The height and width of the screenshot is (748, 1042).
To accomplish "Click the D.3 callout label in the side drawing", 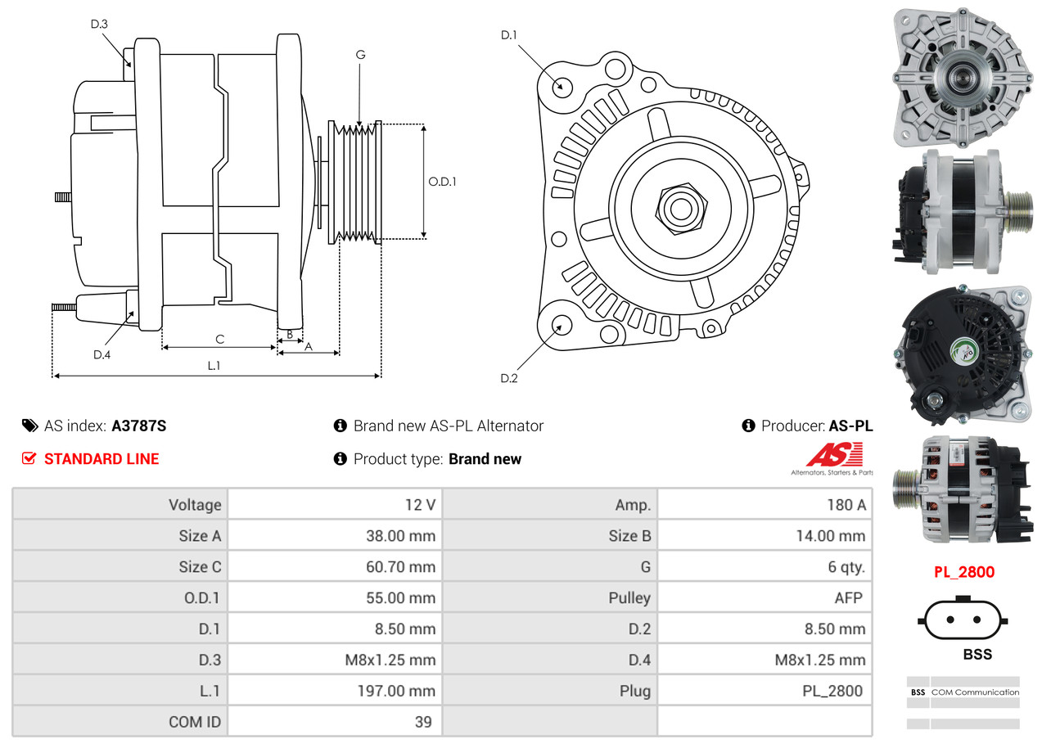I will coord(99,24).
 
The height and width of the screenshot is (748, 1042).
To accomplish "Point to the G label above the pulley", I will coord(360,55).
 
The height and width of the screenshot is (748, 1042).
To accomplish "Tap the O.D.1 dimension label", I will coord(442,182).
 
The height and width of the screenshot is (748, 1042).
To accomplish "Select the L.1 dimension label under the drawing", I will coord(214,366).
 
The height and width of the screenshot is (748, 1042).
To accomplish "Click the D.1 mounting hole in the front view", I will coord(562,86).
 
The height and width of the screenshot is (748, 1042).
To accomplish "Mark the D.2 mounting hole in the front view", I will coord(561,325).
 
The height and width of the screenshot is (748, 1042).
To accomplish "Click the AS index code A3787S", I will coord(138,426).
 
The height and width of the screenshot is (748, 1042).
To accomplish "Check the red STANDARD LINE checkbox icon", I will coord(29,458).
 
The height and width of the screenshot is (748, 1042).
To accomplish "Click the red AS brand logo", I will coord(834,455).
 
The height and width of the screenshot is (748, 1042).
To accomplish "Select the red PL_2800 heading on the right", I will coord(964,572).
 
